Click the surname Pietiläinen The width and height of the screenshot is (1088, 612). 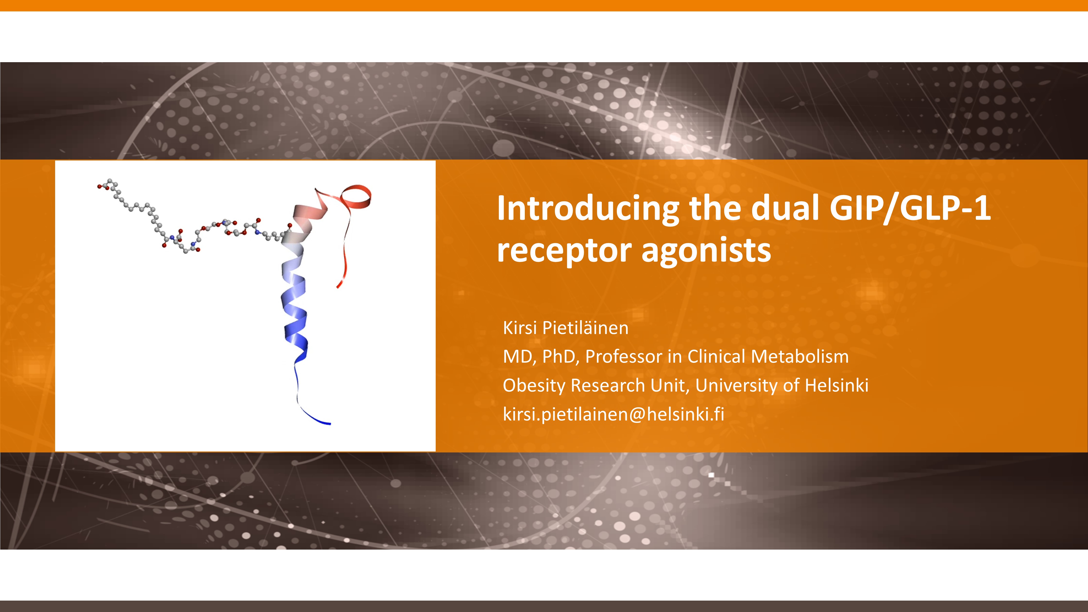(x=585, y=328)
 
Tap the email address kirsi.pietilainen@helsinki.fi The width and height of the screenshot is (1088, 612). (x=613, y=414)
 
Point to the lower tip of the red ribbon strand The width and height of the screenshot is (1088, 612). (x=338, y=286)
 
